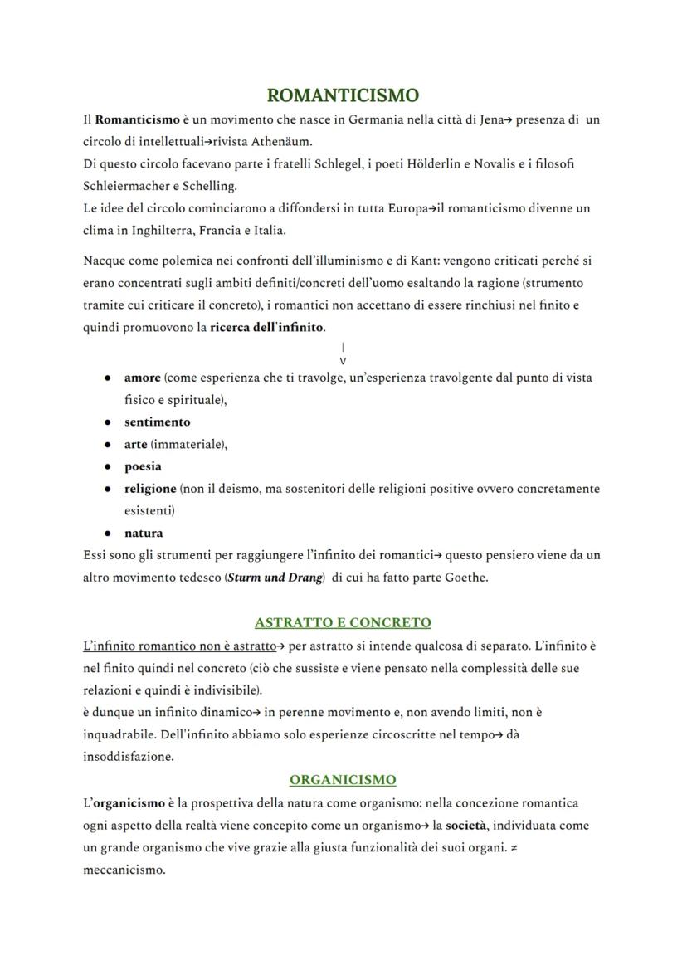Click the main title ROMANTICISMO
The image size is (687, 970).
tap(343, 95)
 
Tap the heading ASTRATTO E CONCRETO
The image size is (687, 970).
tap(343, 622)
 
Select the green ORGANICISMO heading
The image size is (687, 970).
tap(343, 780)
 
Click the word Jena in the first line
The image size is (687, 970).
tap(491, 119)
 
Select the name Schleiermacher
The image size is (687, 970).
tap(130, 186)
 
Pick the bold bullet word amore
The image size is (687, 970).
tap(142, 378)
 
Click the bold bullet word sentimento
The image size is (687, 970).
tap(157, 422)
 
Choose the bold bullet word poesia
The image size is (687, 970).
tap(143, 466)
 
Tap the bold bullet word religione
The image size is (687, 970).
tap(150, 489)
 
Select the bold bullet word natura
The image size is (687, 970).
tap(144, 533)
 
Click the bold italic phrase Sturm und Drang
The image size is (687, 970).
tap(275, 578)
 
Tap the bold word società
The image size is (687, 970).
tap(465, 826)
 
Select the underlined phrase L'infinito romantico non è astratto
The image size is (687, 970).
tap(179, 646)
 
